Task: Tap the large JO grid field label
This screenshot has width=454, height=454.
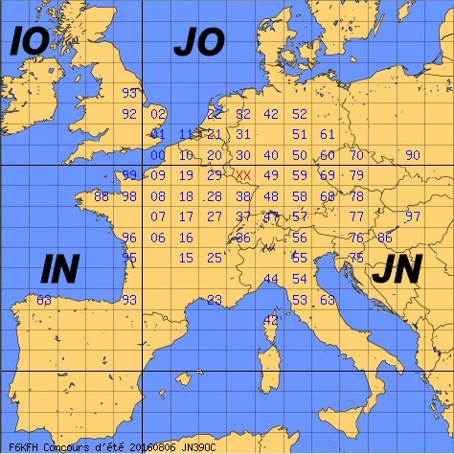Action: click(198, 42)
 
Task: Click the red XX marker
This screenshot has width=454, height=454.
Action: click(243, 175)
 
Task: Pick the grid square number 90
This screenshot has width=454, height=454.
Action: click(413, 155)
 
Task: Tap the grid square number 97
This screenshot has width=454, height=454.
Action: click(413, 216)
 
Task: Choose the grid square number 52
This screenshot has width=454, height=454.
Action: click(299, 114)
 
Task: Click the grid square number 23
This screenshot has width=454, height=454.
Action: click(215, 300)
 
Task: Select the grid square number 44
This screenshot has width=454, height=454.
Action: click(271, 279)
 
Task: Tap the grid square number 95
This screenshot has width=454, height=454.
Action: click(130, 258)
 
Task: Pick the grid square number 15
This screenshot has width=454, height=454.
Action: click(187, 258)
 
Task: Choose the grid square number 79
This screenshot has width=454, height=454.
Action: click(356, 175)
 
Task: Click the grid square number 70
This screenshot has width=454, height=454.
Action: click(356, 155)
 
